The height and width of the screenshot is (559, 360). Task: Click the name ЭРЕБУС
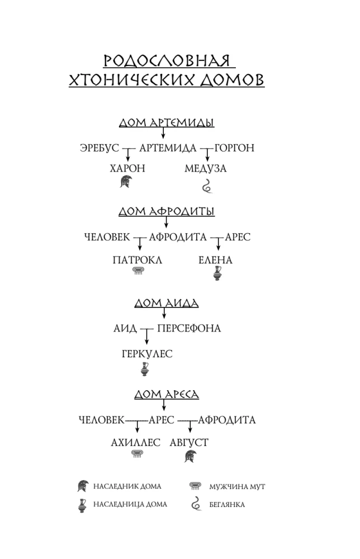pos(100,148)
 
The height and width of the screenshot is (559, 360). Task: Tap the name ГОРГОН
pos(234,148)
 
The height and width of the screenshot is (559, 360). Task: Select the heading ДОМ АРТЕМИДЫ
pos(167,124)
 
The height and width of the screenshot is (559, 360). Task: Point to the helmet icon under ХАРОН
pos(126,182)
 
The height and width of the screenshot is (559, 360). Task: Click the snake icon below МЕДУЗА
pos(207,185)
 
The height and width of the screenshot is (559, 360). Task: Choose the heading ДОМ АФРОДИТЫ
pos(167,211)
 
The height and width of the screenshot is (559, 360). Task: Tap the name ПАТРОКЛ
pos(138,260)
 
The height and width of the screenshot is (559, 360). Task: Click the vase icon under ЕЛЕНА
pos(217,273)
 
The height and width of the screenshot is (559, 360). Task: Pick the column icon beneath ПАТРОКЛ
pos(138,271)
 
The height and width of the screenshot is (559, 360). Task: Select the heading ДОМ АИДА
pos(167,304)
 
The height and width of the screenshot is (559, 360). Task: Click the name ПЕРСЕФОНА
pos(189,329)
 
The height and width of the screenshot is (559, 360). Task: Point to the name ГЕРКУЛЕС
pos(147,354)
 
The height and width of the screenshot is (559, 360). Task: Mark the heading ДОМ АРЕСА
pos(167,395)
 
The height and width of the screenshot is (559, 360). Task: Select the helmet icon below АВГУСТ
pos(190,456)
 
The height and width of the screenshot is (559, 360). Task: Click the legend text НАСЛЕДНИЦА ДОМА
pos(130,504)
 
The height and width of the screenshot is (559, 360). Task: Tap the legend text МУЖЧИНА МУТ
pos(237,487)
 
